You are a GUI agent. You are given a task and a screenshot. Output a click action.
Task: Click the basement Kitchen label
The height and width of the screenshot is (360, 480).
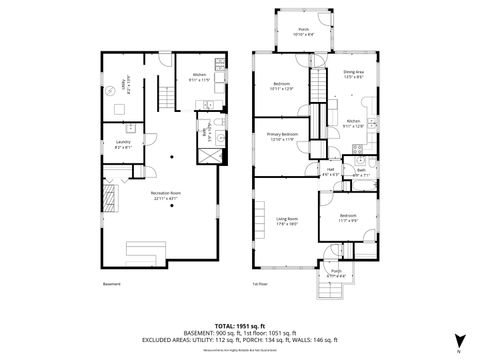click(x=199, y=76)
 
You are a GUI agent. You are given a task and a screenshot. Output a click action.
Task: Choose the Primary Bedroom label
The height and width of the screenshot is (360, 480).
click(x=282, y=136)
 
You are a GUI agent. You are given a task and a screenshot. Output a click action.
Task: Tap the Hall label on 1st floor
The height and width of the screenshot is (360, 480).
click(x=329, y=172)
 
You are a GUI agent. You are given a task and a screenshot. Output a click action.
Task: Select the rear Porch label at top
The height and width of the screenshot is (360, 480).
click(x=303, y=32)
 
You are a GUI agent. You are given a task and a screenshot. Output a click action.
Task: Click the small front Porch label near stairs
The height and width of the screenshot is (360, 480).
click(x=336, y=273)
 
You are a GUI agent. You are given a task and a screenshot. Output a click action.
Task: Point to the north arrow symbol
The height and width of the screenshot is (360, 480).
click(x=458, y=340)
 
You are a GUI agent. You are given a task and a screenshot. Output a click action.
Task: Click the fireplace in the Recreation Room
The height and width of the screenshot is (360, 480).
click(x=111, y=193)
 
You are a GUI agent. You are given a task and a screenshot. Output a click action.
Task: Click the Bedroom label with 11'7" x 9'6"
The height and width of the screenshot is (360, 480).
click(x=347, y=218)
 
